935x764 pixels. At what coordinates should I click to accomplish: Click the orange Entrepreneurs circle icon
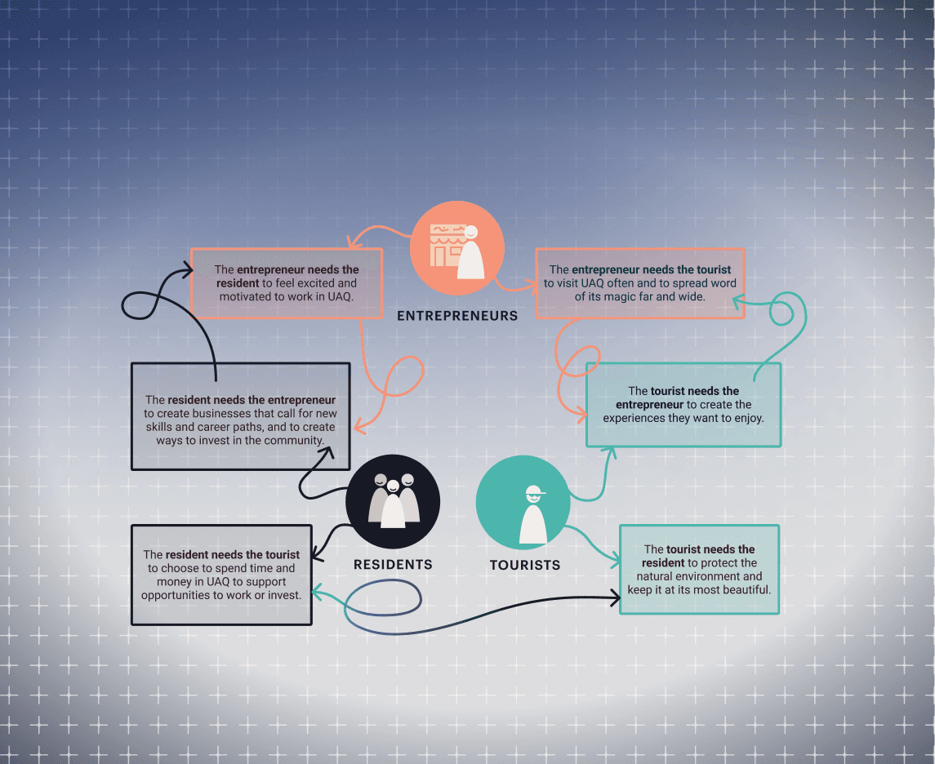457,248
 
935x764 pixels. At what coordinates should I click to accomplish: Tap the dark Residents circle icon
393,502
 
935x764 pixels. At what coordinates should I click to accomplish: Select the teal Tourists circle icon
523,502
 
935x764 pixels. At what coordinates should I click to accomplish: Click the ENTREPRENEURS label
457,316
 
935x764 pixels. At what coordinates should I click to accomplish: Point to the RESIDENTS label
393,565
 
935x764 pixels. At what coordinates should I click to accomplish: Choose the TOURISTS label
525,565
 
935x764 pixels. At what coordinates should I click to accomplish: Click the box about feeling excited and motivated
287,283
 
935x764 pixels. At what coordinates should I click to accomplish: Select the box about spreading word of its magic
640,283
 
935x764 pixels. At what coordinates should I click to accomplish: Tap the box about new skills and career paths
241,416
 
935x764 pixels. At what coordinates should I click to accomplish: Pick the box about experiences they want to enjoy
683,405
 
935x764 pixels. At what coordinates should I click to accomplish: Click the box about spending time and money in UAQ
221,575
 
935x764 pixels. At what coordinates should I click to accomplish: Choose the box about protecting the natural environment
700,569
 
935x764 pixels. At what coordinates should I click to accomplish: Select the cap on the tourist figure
535,491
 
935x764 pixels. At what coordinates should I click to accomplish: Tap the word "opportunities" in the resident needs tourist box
178,595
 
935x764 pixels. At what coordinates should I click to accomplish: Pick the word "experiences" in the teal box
634,419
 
